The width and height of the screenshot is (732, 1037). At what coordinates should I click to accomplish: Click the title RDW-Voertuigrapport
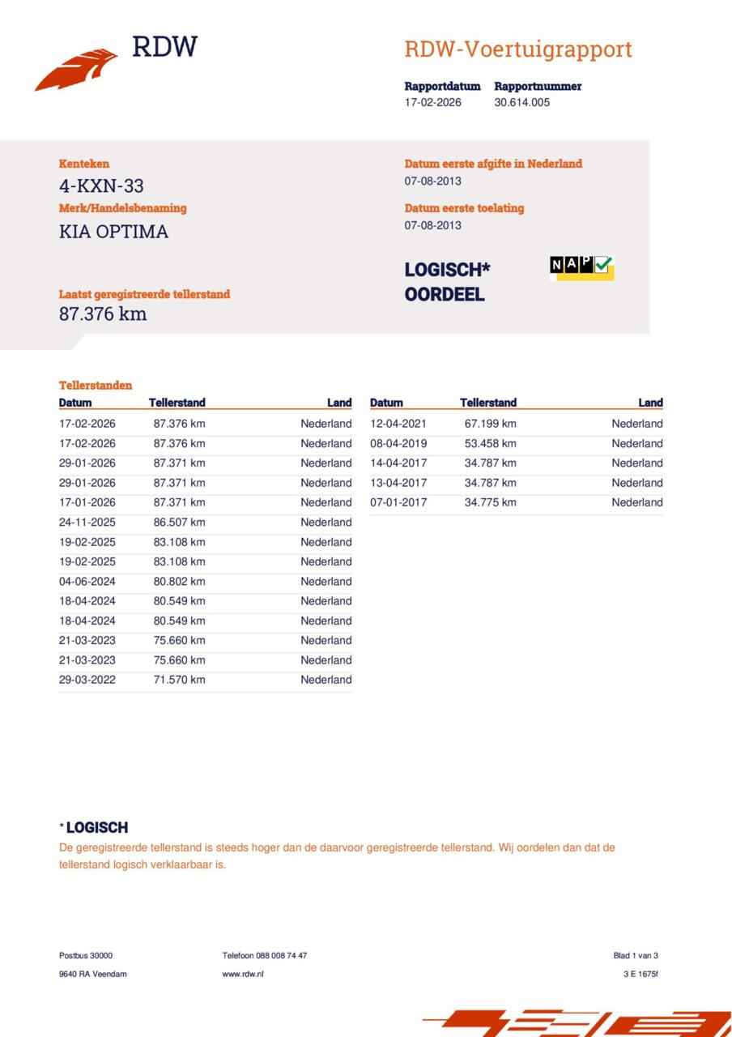(x=517, y=49)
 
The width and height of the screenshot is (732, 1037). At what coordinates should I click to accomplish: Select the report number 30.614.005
(x=521, y=103)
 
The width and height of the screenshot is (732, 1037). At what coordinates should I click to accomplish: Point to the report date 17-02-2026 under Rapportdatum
(x=432, y=103)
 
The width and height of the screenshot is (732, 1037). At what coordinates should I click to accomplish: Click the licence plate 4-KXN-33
(x=101, y=186)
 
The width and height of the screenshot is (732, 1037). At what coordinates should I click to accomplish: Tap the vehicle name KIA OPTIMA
(x=113, y=232)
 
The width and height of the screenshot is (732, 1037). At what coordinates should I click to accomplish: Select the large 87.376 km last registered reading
(x=103, y=314)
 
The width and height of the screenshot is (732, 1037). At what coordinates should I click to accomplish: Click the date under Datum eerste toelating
(x=432, y=225)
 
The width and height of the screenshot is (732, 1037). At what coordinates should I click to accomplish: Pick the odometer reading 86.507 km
(x=179, y=523)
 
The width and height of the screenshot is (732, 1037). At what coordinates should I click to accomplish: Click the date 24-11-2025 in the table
(x=87, y=523)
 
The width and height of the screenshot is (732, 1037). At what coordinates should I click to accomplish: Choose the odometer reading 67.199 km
(x=490, y=424)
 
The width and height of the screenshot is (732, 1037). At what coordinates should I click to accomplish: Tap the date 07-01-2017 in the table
(x=398, y=502)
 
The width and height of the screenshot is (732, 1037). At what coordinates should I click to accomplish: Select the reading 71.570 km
(x=179, y=680)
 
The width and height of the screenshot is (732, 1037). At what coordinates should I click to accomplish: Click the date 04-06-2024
(x=87, y=582)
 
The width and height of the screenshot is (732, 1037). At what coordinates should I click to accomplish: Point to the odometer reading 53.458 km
(x=490, y=443)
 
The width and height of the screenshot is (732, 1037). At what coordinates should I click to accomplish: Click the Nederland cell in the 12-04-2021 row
(x=636, y=424)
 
